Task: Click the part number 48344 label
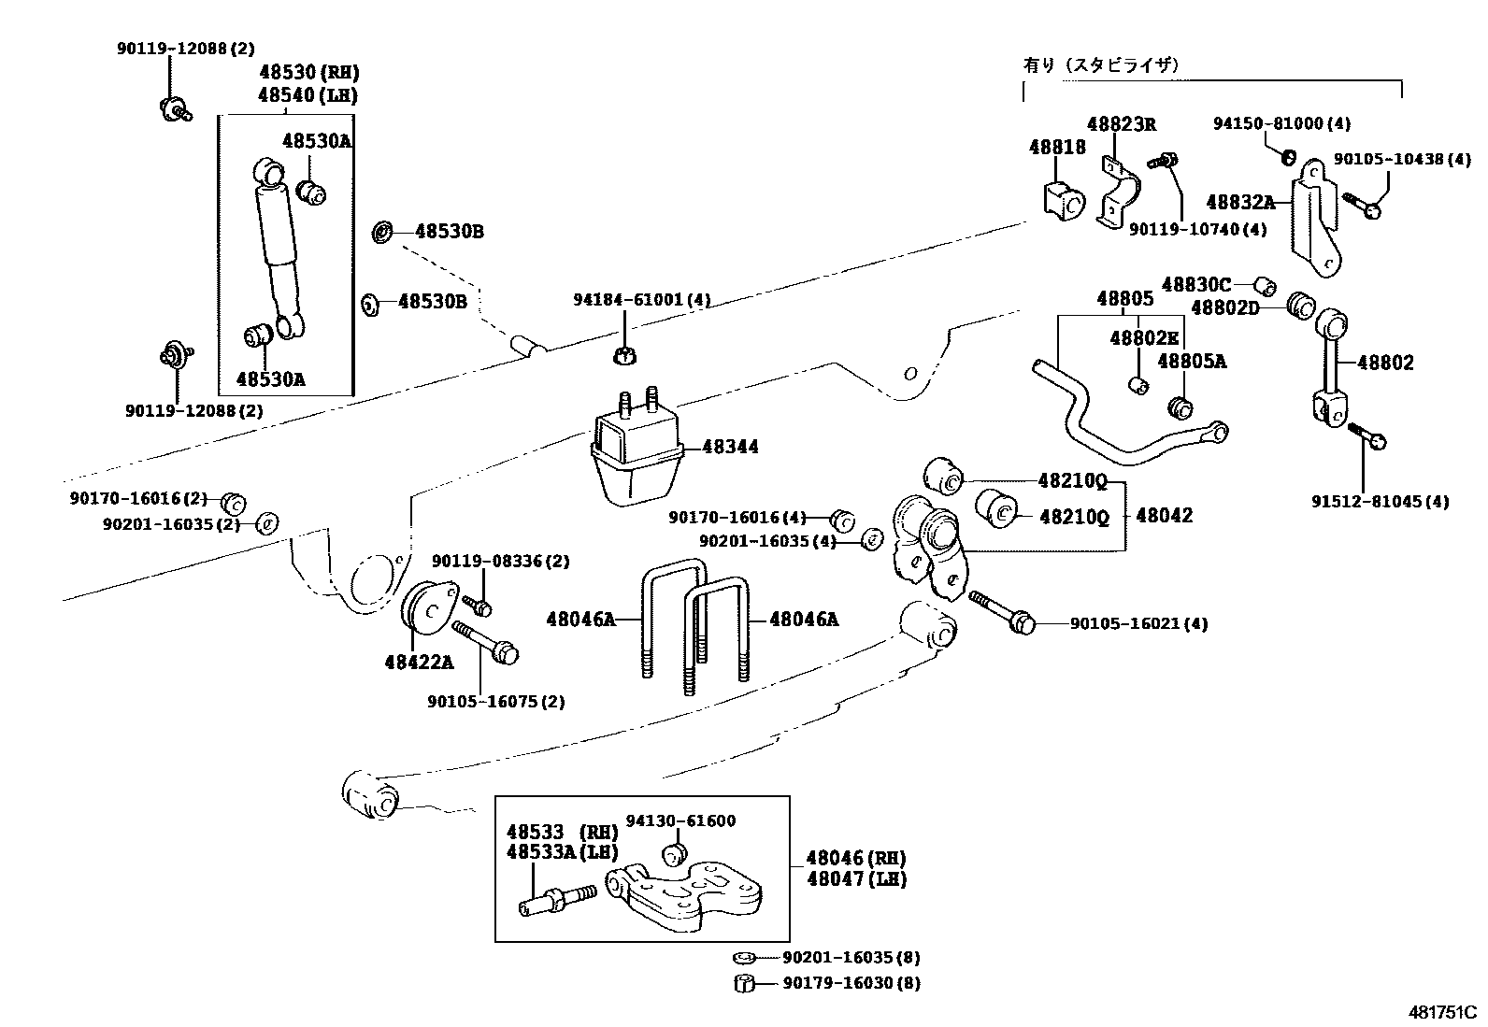point(730,447)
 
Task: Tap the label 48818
point(1057,147)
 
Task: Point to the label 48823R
point(1121,124)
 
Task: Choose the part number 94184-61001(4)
point(641,300)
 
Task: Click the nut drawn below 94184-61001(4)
point(625,355)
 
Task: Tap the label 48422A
point(419,663)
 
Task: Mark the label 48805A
point(1192,361)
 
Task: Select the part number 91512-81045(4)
point(1379,502)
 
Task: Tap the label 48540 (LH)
point(308,94)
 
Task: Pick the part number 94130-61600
point(680,820)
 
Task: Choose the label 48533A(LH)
point(563,851)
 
